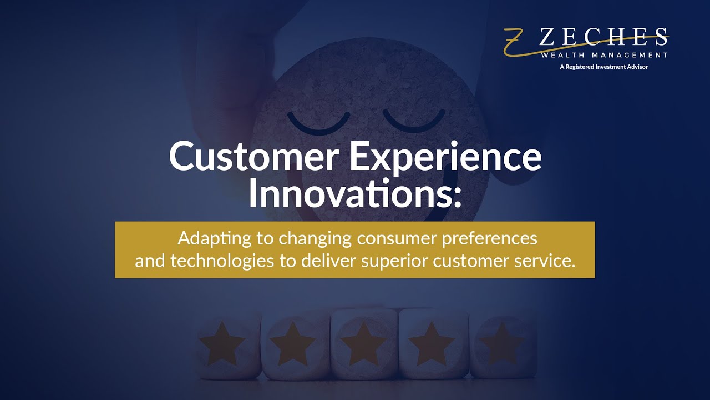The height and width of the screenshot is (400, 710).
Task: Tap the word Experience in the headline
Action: coord(445,157)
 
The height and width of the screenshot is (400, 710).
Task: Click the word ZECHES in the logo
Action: coord(603,38)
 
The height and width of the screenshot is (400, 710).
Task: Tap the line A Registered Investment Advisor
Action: coord(603,67)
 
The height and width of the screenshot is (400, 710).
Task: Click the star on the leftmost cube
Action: coord(222,343)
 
